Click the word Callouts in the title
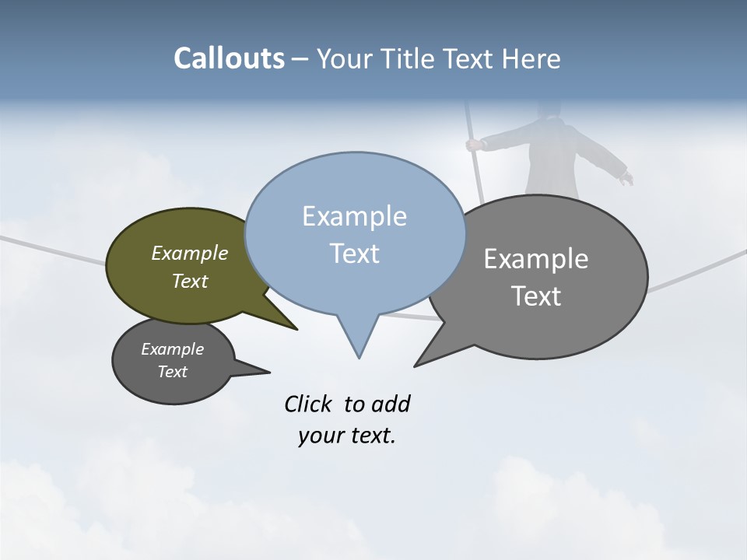point(229,58)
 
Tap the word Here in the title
point(532,59)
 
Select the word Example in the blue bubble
point(354,216)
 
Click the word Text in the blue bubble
point(354,254)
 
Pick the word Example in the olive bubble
point(189,253)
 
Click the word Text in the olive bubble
point(189,281)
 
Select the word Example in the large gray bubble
point(535,259)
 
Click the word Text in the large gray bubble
point(535,296)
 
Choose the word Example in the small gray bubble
point(172,349)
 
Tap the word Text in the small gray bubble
point(172,372)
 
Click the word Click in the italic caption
point(310,404)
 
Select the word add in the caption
point(391,404)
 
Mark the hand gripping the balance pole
point(472,144)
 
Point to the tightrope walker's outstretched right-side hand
point(626,179)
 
